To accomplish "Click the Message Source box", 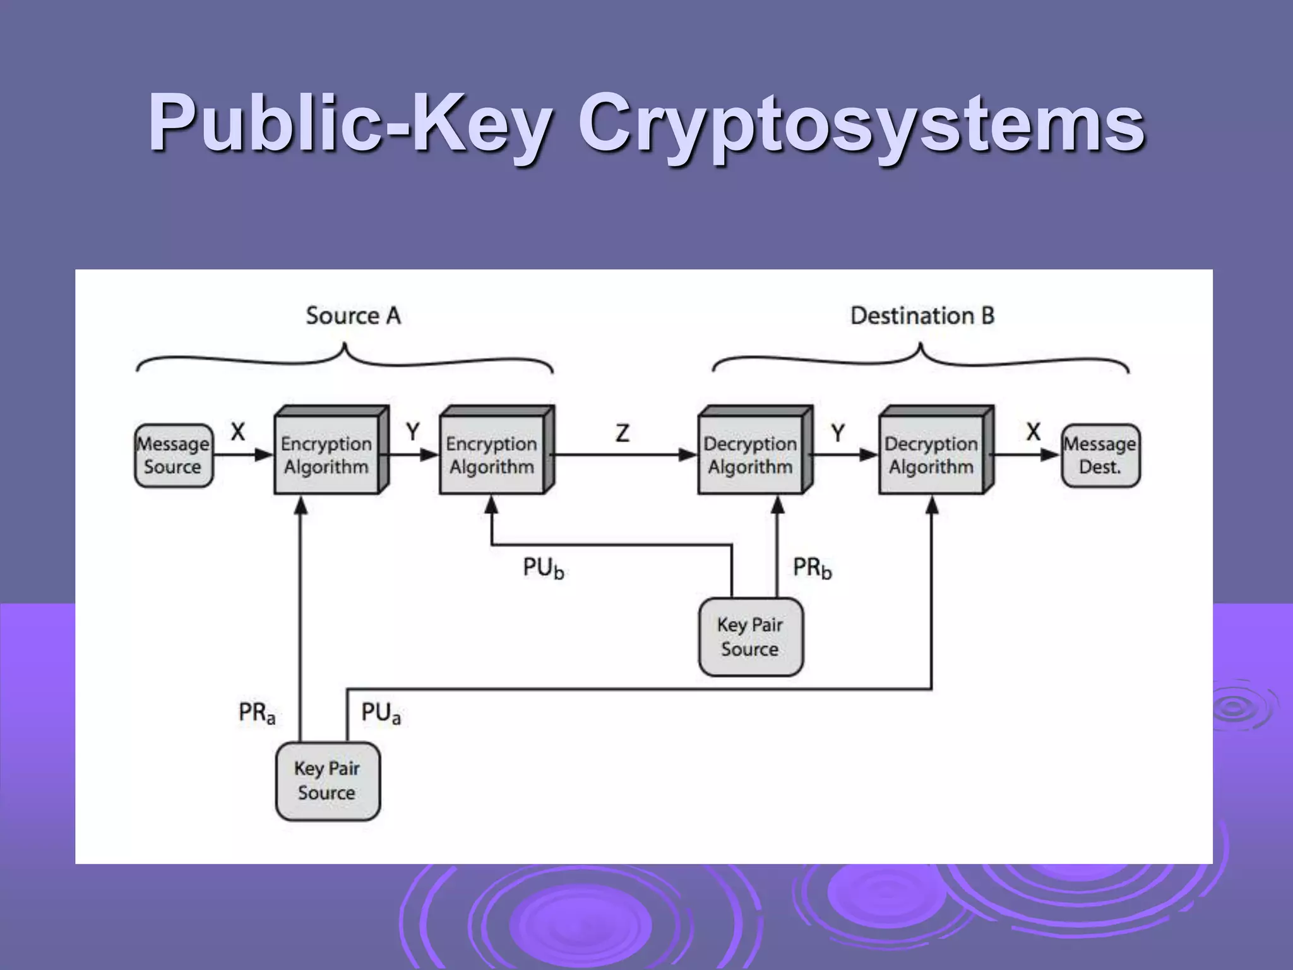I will click(x=174, y=455).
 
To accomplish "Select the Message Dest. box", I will click(x=1100, y=455).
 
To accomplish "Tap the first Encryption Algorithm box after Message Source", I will click(x=326, y=455).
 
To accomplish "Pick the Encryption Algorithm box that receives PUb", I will click(x=492, y=455).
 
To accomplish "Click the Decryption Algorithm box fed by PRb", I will click(x=751, y=455).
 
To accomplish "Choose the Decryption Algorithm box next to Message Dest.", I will click(x=931, y=455).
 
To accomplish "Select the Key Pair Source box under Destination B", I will click(x=751, y=637).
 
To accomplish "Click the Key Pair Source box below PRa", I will click(x=328, y=781).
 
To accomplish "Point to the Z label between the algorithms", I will click(x=623, y=433).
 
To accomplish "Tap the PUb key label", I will click(x=543, y=568).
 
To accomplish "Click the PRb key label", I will click(x=812, y=568).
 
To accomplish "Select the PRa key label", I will click(x=256, y=713).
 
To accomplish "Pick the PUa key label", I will click(x=380, y=713).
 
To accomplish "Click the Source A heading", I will click(x=353, y=316).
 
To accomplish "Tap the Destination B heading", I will click(x=922, y=316).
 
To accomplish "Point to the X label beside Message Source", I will click(x=237, y=433).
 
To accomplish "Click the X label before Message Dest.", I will click(x=1033, y=433).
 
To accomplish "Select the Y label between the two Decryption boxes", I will click(x=838, y=433).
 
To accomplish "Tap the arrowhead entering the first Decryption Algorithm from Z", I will click(x=689, y=455).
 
